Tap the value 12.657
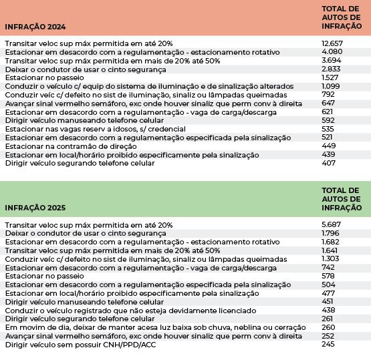(333, 42)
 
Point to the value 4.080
(332, 51)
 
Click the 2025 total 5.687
(332, 224)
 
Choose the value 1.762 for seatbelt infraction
(332, 232)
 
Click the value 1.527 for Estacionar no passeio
(331, 77)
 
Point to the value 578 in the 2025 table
(328, 275)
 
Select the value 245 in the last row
(328, 345)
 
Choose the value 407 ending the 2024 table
(328, 163)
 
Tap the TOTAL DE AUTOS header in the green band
(341, 198)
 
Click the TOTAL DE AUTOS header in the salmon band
(341, 17)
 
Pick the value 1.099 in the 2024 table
(331, 85)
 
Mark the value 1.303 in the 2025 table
(332, 258)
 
